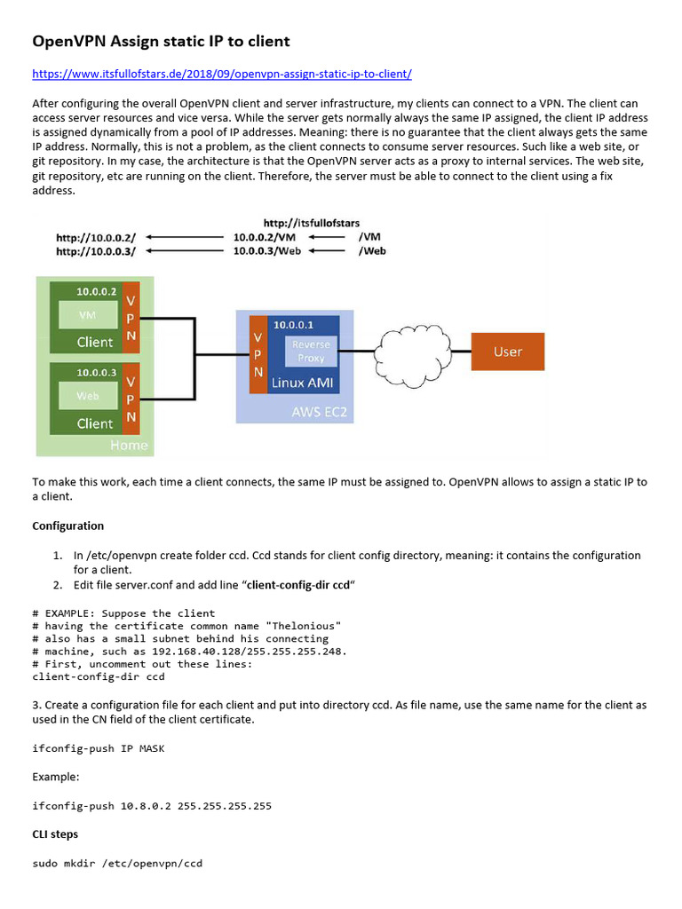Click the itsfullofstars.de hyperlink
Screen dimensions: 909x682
click(x=222, y=74)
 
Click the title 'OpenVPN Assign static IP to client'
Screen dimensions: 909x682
click(x=161, y=41)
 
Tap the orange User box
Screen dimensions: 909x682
click(x=507, y=352)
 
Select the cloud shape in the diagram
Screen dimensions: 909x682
click(x=415, y=351)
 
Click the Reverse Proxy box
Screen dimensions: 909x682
click(x=311, y=351)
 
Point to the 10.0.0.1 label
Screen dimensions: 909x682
click(x=294, y=326)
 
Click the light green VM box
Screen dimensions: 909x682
click(x=88, y=314)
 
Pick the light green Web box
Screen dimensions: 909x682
click(x=88, y=396)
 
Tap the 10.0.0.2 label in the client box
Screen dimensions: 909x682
click(x=96, y=291)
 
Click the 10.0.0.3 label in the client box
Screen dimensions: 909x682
click(x=96, y=373)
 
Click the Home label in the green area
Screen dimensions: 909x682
click(x=129, y=445)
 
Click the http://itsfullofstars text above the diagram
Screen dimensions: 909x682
click(x=311, y=223)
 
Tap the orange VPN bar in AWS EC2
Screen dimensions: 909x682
click(x=258, y=355)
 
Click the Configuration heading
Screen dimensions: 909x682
click(x=68, y=526)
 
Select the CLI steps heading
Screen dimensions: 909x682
click(x=55, y=834)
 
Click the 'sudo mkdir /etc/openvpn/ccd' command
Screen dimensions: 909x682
click(x=117, y=863)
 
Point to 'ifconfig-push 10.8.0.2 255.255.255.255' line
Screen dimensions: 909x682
click(x=152, y=806)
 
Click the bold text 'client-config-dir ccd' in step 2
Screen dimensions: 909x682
click(x=297, y=585)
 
